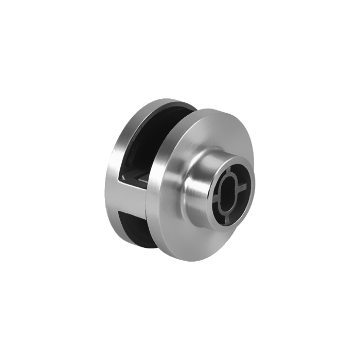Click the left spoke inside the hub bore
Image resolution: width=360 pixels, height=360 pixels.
pyautogui.click(x=215, y=199)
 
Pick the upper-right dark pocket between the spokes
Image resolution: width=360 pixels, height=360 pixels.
pyautogui.click(x=242, y=175)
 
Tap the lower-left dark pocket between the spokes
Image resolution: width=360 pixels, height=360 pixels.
pyautogui.click(x=216, y=208)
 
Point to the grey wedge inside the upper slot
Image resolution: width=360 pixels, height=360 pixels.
pyautogui.click(x=136, y=177)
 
